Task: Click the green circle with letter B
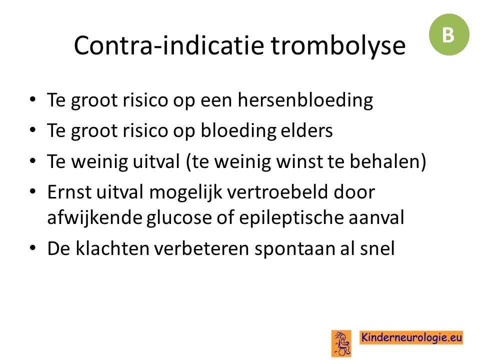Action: [449, 34]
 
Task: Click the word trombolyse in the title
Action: [338, 46]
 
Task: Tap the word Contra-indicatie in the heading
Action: [169, 45]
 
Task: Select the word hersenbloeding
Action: [305, 100]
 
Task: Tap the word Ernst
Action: [69, 192]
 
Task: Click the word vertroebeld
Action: [277, 192]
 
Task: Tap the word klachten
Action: [112, 248]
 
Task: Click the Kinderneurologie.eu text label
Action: [411, 337]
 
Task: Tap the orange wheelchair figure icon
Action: [341, 343]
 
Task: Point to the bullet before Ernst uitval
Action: [33, 191]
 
